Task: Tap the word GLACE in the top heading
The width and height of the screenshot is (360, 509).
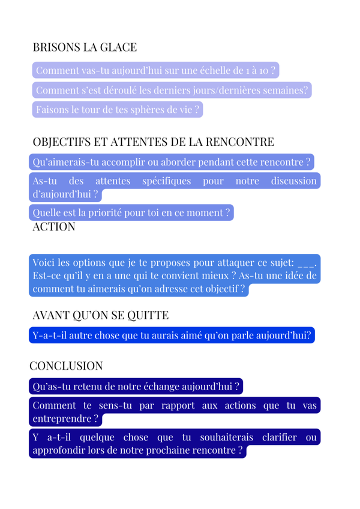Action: [119, 47]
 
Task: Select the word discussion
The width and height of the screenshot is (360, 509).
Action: [293, 181]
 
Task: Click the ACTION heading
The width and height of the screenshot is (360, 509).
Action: [53, 227]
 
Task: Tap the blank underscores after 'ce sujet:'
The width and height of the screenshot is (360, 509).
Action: [306, 263]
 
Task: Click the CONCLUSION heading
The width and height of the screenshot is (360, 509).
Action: [66, 366]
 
